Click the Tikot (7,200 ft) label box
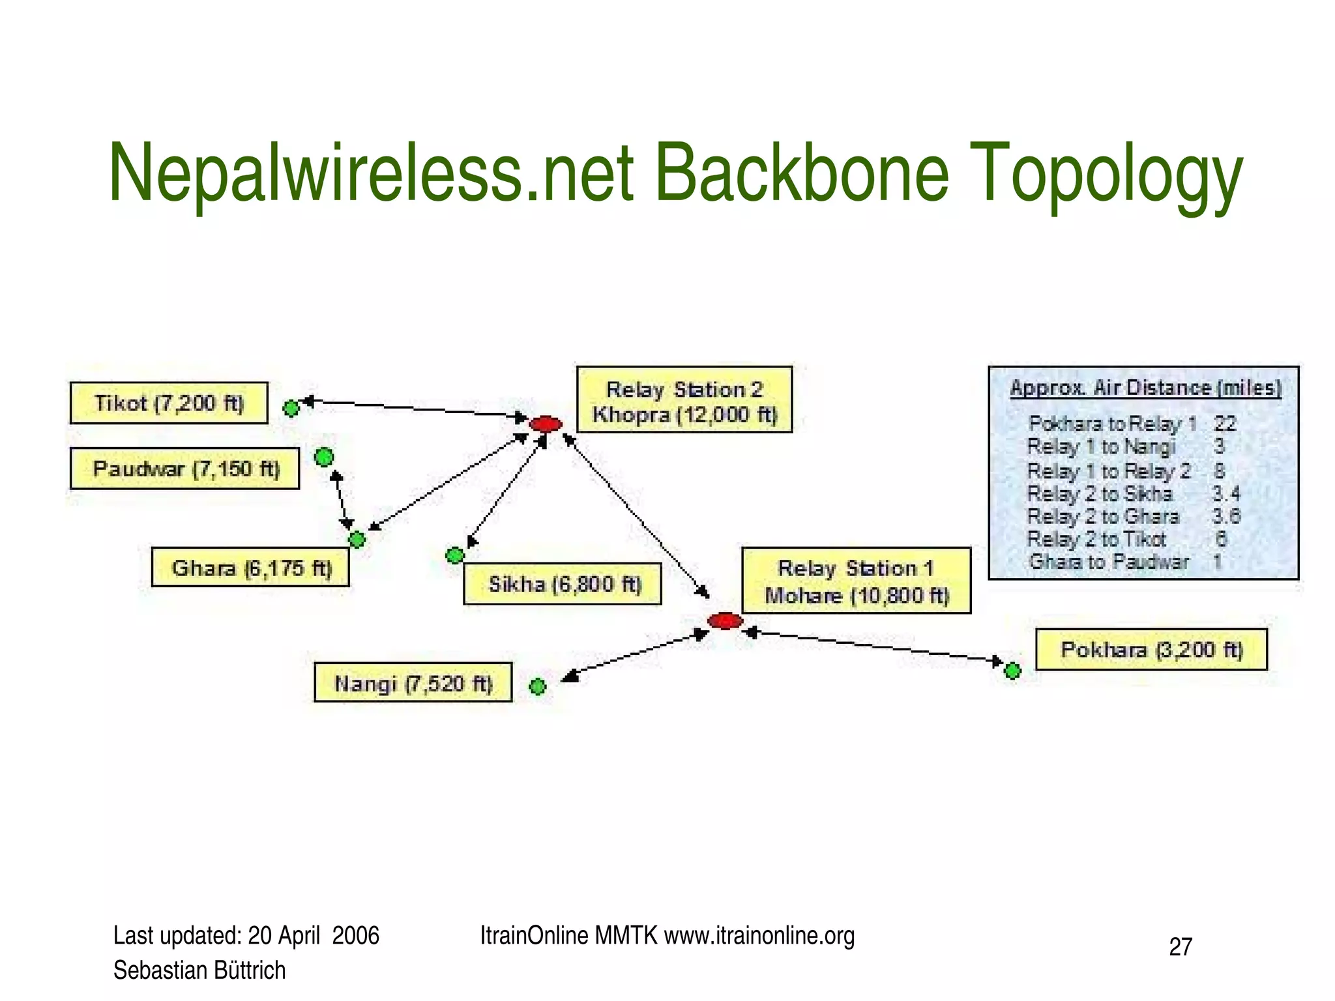click(x=169, y=403)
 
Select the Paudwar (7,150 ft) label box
click(x=184, y=469)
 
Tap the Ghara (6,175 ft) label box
click(x=250, y=568)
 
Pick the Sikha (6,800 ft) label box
click(x=563, y=584)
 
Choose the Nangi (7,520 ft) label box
click(x=413, y=683)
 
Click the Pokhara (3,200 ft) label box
click(x=1151, y=650)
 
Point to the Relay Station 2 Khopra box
click(x=684, y=400)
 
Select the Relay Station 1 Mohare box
click(x=856, y=581)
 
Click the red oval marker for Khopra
click(x=546, y=424)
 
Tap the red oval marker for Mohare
click(x=725, y=621)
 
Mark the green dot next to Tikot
click(x=291, y=409)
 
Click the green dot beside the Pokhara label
click(x=1012, y=671)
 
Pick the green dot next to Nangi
click(x=537, y=686)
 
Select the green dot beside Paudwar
click(x=324, y=457)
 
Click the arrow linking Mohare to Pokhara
click(x=873, y=646)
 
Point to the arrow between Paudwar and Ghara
click(x=342, y=500)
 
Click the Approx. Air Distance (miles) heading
click(x=1145, y=388)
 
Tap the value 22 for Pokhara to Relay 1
click(x=1225, y=424)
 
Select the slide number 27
click(x=1181, y=947)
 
